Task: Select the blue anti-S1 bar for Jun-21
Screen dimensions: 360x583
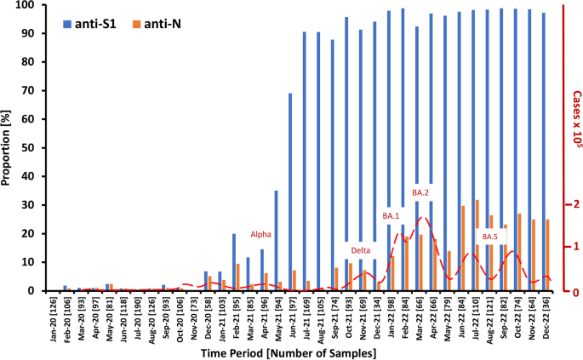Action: click(290, 191)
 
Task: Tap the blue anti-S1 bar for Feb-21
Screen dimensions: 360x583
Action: click(234, 262)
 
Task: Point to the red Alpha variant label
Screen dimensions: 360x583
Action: click(260, 234)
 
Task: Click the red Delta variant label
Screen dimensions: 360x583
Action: click(361, 250)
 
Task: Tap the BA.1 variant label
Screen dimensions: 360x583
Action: click(391, 216)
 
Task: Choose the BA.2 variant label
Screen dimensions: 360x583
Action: click(420, 193)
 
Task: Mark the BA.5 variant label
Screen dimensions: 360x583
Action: click(489, 237)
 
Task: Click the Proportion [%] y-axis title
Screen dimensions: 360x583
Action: click(10, 146)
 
